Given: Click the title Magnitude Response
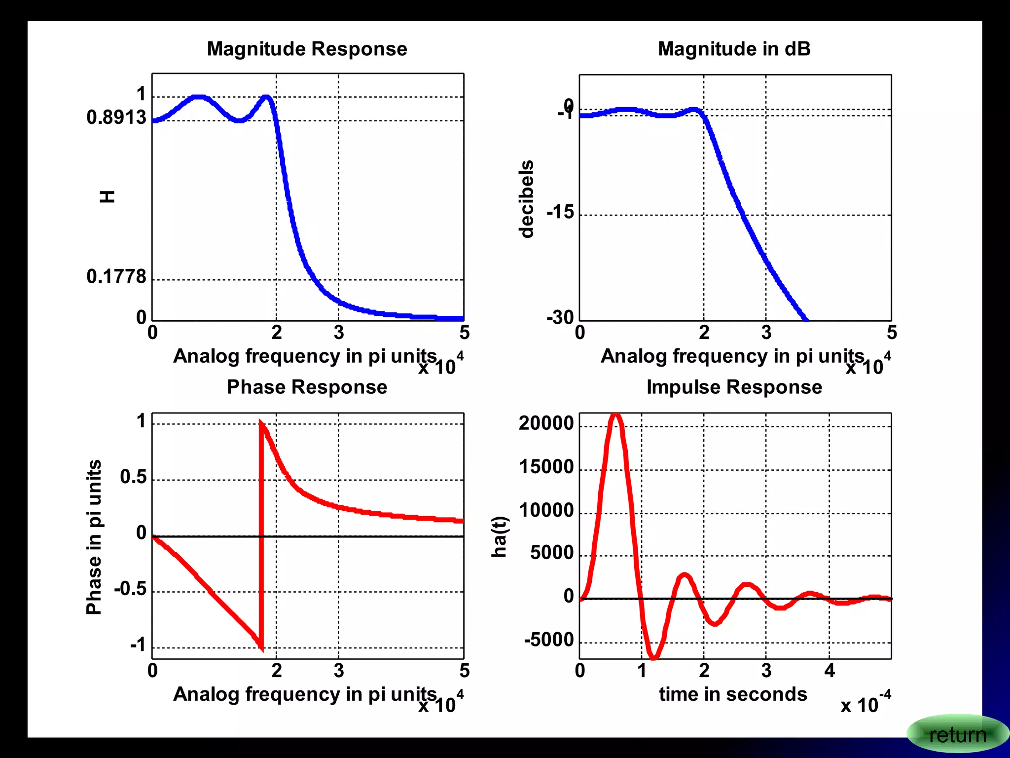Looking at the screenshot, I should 307,49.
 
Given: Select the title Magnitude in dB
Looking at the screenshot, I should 734,49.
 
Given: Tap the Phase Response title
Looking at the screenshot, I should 307,387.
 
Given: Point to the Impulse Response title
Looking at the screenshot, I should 734,387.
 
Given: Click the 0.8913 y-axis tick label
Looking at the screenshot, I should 116,117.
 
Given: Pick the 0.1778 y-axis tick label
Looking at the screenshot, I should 116,276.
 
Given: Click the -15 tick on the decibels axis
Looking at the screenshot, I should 560,212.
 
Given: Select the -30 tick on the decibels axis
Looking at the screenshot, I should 560,317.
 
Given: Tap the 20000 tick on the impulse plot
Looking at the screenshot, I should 546,423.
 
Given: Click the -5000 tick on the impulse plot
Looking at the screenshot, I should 549,640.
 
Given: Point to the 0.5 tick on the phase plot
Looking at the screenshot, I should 133,477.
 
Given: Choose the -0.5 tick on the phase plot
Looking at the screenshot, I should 130,589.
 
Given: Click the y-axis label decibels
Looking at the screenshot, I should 527,199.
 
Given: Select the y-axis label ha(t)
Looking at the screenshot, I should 500,537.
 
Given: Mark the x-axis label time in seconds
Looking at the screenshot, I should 733,694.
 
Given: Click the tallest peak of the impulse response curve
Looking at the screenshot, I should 615,416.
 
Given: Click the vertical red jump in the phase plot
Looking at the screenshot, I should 261,535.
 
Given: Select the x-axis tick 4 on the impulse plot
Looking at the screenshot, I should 830,671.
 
